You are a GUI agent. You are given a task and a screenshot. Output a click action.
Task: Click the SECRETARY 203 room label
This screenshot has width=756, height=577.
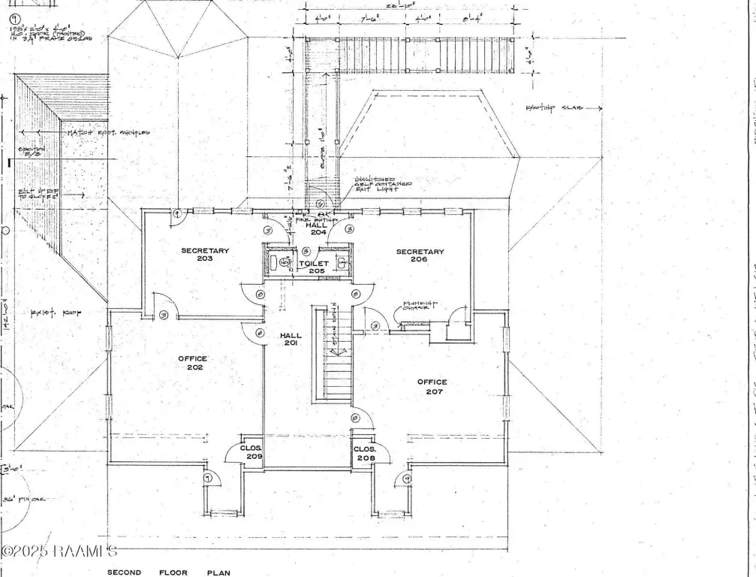(204, 255)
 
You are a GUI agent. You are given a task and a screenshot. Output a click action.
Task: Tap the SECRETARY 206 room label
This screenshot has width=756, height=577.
(420, 255)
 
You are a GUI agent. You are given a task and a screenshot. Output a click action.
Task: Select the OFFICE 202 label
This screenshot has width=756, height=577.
(192, 364)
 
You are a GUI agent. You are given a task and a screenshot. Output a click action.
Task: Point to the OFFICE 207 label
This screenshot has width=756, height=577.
(432, 387)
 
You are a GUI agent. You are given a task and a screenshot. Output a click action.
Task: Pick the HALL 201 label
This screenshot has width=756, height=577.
(291, 339)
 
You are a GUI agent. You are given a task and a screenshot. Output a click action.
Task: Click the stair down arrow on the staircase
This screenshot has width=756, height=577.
(336, 349)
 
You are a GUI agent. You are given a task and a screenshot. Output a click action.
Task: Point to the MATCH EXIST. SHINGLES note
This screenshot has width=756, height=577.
(108, 133)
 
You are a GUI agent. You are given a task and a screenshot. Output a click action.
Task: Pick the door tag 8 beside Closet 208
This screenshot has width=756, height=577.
(355, 418)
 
